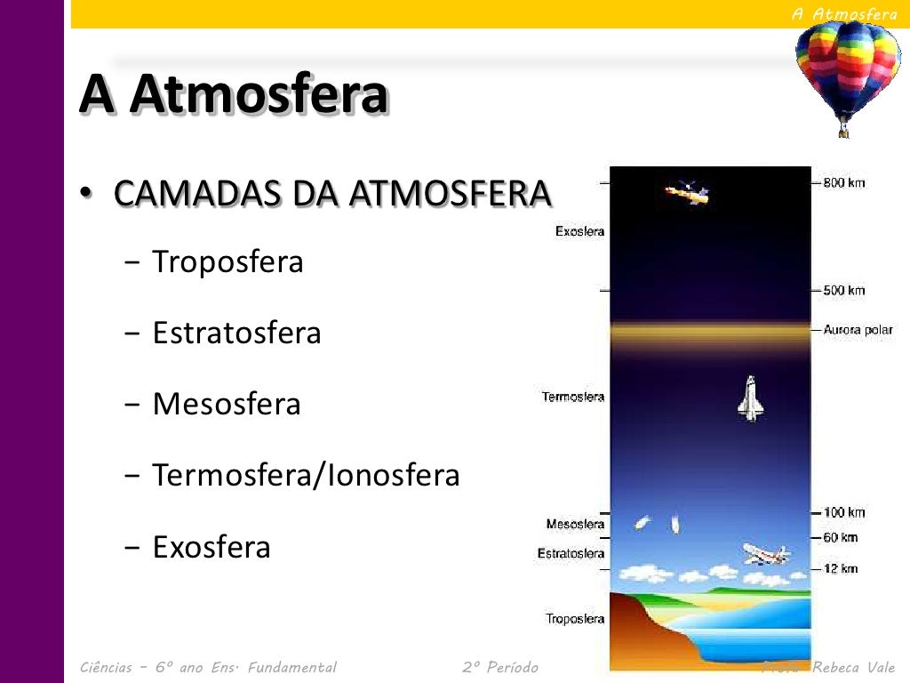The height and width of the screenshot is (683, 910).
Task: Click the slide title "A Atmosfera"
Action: [x=234, y=94]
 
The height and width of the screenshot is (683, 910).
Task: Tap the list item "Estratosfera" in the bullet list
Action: [x=236, y=333]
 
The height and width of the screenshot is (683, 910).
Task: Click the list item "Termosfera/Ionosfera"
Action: [x=306, y=476]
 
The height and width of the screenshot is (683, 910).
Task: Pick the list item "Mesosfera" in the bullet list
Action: [x=227, y=405]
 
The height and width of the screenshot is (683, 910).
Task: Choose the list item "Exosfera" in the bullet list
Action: [x=212, y=547]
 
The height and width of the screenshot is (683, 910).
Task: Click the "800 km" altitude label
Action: [x=843, y=183]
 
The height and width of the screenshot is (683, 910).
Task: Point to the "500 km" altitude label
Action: [x=843, y=291]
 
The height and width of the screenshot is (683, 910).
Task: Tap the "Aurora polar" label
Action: [x=858, y=330]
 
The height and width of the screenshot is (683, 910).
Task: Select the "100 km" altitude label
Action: [x=843, y=513]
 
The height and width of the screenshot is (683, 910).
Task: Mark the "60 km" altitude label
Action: [x=840, y=537]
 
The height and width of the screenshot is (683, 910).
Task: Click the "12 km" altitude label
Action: [x=840, y=568]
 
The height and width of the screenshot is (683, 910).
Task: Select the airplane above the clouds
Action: [x=764, y=554]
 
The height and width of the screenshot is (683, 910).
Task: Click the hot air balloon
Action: [x=847, y=73]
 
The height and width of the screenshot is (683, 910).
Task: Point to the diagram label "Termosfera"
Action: [x=573, y=397]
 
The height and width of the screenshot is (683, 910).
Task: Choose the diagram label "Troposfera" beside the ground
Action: [x=575, y=619]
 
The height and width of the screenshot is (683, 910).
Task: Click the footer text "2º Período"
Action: [x=500, y=667]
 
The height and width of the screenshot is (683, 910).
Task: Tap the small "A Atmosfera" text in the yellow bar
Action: [x=844, y=13]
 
